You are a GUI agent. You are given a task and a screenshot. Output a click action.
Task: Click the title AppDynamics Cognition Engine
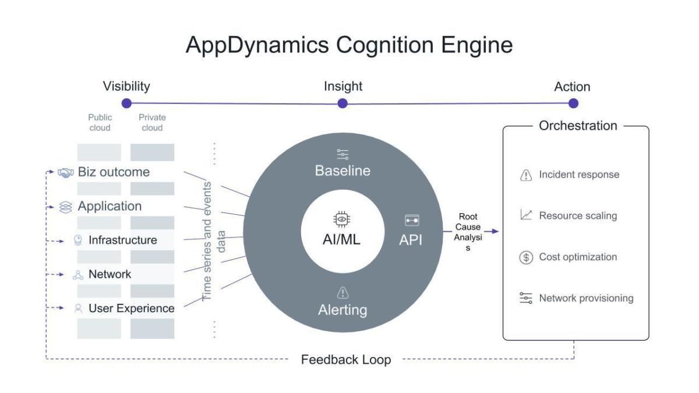coord(349,45)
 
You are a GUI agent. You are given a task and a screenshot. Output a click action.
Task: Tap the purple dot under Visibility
coord(126,103)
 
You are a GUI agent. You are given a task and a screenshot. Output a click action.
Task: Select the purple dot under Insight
coord(343,103)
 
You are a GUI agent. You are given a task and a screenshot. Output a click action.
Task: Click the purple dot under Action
coord(573,103)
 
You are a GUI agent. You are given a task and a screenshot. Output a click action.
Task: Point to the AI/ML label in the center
coord(341,239)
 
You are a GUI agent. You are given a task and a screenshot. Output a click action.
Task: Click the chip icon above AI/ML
coord(341,219)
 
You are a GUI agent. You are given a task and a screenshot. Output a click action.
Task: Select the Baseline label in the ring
coord(343,171)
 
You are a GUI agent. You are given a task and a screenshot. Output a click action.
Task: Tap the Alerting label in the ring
coord(343,310)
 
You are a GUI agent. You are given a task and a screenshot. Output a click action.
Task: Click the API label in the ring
coord(411,240)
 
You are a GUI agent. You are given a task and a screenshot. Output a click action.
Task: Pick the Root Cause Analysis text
coord(468,232)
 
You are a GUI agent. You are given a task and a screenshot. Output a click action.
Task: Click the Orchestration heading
coord(577,126)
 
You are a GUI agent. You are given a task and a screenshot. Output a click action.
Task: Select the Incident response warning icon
coord(526,175)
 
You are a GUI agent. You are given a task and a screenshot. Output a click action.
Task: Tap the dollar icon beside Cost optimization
coord(526,257)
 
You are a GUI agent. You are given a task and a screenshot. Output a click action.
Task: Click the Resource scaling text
coord(577,215)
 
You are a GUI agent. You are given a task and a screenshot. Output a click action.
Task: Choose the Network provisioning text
coord(585,298)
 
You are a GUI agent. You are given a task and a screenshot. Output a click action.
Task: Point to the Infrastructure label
coord(122,240)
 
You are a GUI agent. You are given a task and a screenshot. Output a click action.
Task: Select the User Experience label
coord(131,308)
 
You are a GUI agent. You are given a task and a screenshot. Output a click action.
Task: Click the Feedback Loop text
coord(345,359)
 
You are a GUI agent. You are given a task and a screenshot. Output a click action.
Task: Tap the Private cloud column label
coord(152,122)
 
